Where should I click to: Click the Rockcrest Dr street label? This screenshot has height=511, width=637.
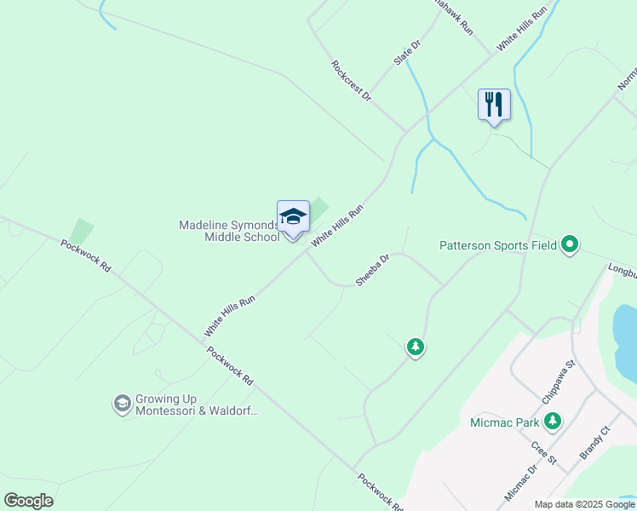[x=351, y=81]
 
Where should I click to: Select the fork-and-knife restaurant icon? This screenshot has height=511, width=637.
[x=494, y=106]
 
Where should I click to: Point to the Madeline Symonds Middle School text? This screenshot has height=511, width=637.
[x=229, y=231]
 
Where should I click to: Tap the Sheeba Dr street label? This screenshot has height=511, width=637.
[x=372, y=269]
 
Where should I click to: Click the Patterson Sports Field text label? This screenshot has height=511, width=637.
[x=498, y=246]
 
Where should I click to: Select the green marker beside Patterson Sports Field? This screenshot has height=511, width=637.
[x=571, y=246]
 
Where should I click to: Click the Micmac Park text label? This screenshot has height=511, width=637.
[x=505, y=422]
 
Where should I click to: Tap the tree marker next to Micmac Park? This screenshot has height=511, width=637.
[x=554, y=421]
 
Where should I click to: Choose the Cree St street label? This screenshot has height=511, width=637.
[x=543, y=453]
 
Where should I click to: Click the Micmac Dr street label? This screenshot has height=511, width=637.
[x=521, y=483]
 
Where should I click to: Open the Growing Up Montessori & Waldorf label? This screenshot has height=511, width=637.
[x=196, y=405]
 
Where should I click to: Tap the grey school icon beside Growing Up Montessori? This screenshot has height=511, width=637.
[x=123, y=404]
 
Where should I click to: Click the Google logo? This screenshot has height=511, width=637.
[x=28, y=501]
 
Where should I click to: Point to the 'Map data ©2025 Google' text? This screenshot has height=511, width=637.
[x=585, y=504]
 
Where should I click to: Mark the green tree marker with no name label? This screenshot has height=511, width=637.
[x=415, y=347]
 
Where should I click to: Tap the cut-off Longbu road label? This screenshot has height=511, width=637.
[x=622, y=272]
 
